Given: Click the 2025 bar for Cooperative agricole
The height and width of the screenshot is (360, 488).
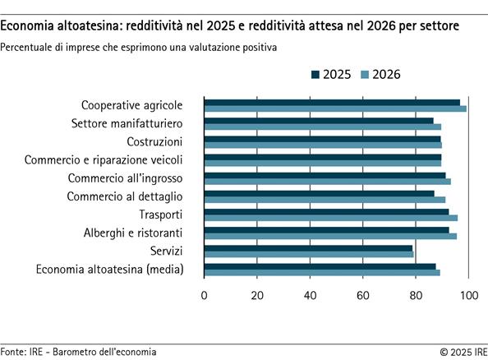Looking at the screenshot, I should [332, 103].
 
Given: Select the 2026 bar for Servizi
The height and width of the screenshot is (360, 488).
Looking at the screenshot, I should [309, 254].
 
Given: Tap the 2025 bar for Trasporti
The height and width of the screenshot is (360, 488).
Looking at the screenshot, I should [326, 212].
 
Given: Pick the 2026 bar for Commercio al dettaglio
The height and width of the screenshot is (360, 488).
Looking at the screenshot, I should [325, 200].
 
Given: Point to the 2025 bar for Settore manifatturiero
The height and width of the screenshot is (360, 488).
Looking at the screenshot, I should [319, 121].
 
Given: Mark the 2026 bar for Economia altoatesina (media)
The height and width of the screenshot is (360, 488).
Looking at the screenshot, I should [322, 272].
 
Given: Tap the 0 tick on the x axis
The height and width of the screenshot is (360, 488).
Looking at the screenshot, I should [204, 295].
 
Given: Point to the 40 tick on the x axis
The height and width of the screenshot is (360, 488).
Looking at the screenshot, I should [310, 295].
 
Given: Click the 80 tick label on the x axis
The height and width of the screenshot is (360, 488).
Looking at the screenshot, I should [416, 295].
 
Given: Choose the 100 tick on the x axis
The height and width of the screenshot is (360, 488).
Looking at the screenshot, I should [468, 295].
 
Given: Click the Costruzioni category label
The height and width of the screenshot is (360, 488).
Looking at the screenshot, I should [154, 141].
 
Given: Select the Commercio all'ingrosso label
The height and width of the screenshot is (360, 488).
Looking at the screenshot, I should [125, 178].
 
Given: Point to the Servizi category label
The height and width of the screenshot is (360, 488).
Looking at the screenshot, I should [166, 250].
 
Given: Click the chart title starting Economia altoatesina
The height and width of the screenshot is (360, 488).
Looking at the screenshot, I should [230, 27].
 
